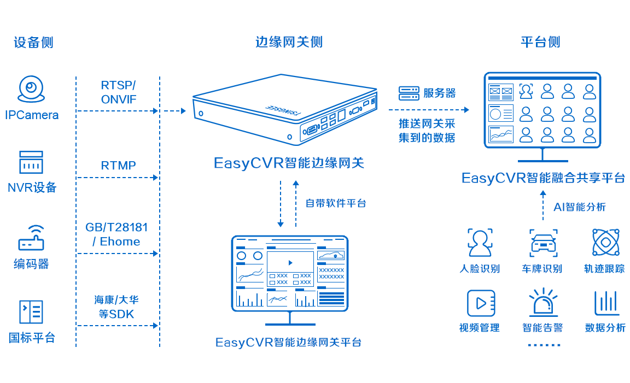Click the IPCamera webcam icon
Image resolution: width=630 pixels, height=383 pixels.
(31, 89)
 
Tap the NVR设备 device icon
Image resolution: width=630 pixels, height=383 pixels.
(31, 162)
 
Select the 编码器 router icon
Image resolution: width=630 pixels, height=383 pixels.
(31, 238)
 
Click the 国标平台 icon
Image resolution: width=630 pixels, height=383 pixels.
(31, 312)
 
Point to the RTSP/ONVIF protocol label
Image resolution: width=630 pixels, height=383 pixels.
(118, 92)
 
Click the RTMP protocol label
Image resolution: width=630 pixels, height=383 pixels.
(118, 165)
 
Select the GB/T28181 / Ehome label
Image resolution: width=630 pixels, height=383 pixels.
(117, 234)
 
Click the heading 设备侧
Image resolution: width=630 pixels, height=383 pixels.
(33, 42)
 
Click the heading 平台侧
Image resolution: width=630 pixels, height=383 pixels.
(540, 42)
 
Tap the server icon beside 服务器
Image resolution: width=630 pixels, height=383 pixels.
(408, 93)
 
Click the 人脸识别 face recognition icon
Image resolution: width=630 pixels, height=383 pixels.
(480, 243)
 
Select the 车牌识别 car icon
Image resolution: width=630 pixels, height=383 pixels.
(543, 243)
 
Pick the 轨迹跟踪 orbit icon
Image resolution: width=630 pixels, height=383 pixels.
(605, 243)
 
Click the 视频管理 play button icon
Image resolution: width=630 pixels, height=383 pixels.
(480, 303)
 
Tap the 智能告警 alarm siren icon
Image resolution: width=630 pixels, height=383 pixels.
(543, 303)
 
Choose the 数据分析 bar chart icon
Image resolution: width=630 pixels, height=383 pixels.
(606, 303)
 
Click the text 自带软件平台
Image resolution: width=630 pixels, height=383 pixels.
(335, 203)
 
